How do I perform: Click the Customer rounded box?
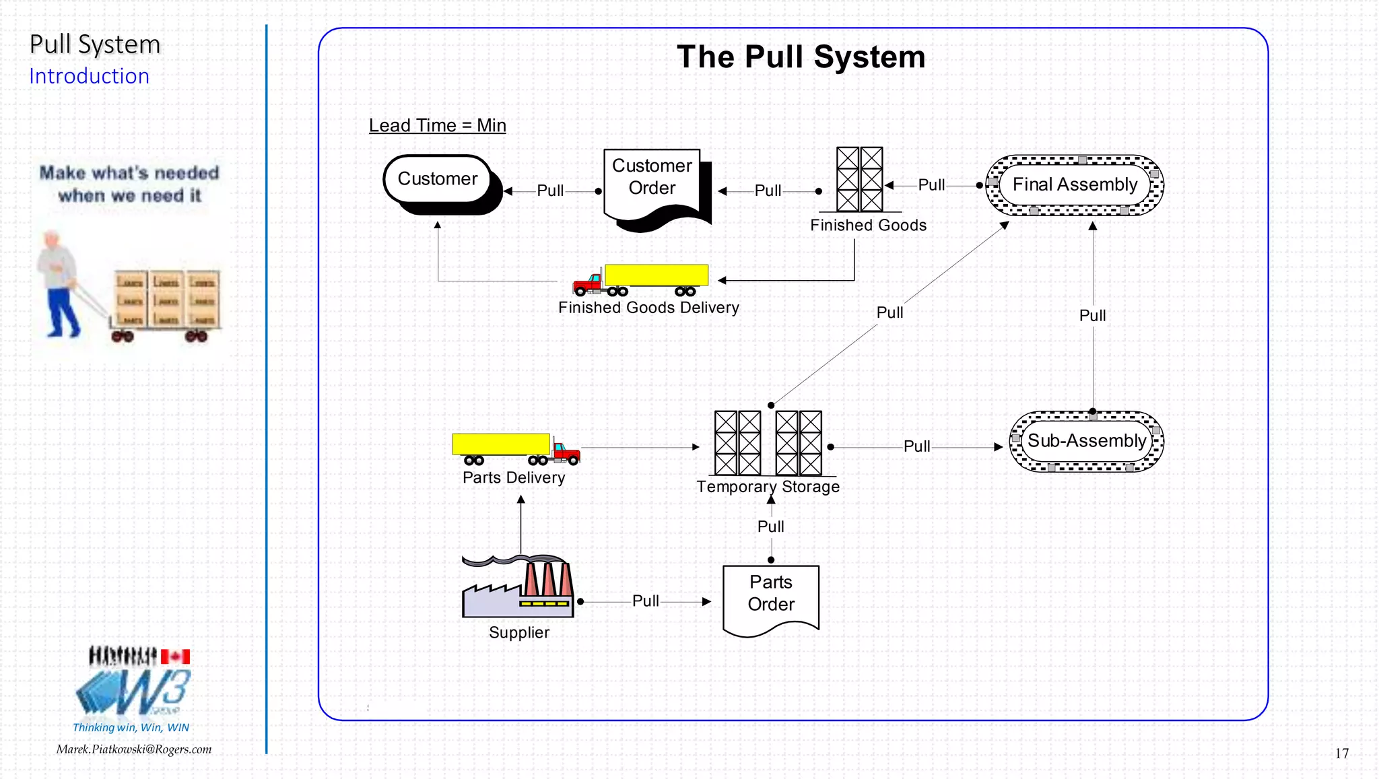tap(438, 179)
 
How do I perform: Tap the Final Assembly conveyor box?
tap(1075, 184)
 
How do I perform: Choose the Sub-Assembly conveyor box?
tap(1086, 441)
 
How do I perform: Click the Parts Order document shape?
tap(771, 596)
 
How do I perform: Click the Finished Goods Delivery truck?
tap(640, 279)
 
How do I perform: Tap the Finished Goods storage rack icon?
tap(859, 179)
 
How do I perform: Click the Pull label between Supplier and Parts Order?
tap(645, 601)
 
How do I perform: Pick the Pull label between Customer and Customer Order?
tap(550, 191)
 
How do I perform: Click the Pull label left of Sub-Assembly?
tap(916, 446)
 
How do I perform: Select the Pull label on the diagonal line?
tap(889, 312)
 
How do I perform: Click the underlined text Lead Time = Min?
tap(437, 125)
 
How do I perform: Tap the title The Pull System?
tap(801, 57)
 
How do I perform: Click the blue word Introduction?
tap(89, 76)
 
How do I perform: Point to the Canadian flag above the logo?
tap(175, 656)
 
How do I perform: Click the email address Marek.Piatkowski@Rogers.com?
tap(133, 749)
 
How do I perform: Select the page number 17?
tap(1341, 753)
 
